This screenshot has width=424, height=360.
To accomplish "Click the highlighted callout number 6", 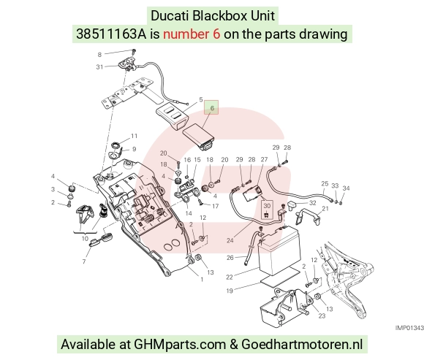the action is tap(212, 108).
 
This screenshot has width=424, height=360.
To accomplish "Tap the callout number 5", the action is tap(200, 99).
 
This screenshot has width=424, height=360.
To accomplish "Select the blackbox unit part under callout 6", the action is tap(199, 137).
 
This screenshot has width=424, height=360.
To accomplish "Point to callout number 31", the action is tap(99, 66).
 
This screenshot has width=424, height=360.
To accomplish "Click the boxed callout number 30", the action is tap(267, 206).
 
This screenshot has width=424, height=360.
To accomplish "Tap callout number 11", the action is tap(135, 136).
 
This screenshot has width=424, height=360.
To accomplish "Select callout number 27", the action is tap(264, 160).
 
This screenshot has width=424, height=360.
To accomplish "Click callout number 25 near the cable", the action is tap(325, 183).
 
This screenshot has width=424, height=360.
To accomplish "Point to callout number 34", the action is tap(346, 188).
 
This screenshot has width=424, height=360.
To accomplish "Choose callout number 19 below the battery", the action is tap(230, 291).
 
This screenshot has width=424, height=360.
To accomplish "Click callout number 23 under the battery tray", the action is tap(322, 315).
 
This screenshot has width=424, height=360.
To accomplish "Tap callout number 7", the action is tap(84, 261).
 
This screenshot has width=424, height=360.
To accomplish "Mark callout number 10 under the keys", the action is tap(85, 239).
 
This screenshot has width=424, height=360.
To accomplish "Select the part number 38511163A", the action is tap(111, 34).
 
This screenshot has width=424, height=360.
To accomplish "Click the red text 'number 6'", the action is tap(192, 34).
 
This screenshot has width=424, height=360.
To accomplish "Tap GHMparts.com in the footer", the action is tap(180, 345).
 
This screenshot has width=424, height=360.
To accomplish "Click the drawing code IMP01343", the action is tap(409, 328).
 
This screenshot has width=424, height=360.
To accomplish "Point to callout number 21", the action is tap(325, 209).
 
